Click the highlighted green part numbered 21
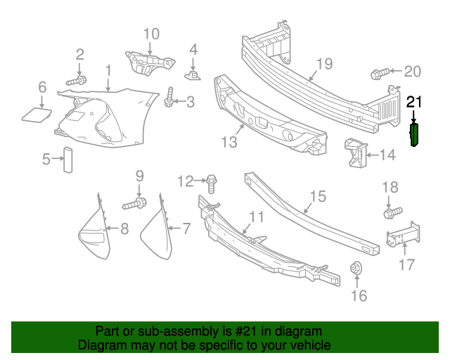pos(415,135)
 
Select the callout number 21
pos(415,103)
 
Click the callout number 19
pos(323,65)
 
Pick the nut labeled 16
pos(356,268)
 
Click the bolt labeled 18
pos(391,210)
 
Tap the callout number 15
pos(318,195)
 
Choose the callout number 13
pos(229,143)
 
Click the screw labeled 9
pos(136,205)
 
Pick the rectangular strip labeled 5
pos(68,160)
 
